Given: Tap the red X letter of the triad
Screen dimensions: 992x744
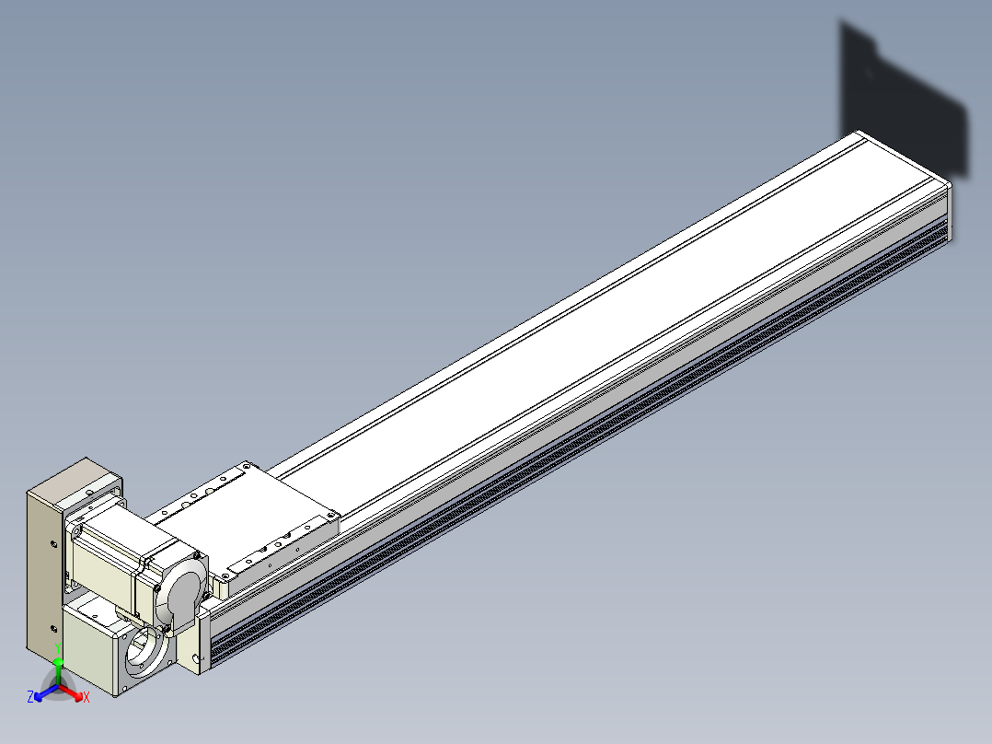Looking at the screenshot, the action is (x=87, y=697).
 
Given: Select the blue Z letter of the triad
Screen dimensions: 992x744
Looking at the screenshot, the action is (x=29, y=696).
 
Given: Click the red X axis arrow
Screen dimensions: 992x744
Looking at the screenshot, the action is (x=71, y=692).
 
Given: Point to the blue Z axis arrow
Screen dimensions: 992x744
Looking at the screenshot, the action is (x=46, y=692).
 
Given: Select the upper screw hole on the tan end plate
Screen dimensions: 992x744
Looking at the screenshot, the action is (x=54, y=543).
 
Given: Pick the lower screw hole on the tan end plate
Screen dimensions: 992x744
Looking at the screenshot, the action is (x=53, y=628).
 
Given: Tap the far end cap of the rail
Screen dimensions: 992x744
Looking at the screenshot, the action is (x=949, y=212).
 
